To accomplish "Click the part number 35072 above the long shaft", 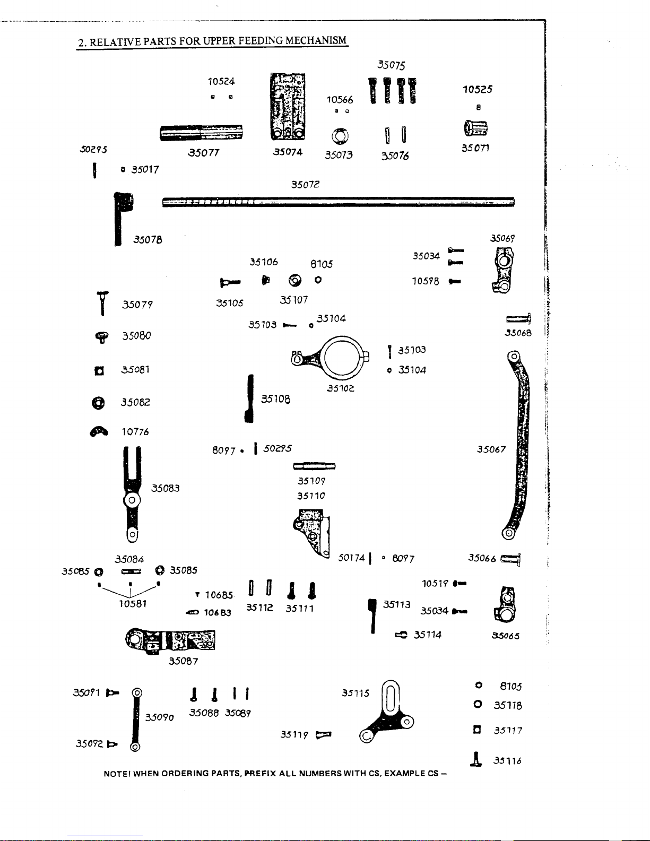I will [305, 185].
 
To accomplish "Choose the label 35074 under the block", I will [288, 152].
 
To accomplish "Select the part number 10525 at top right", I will [477, 89].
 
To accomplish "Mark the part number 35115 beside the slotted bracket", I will [355, 693].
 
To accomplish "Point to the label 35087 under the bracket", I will [183, 661].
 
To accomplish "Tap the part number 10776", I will [135, 432].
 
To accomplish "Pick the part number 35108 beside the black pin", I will [275, 398].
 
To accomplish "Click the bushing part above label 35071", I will [475, 128].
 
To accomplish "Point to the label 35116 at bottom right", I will [507, 761].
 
